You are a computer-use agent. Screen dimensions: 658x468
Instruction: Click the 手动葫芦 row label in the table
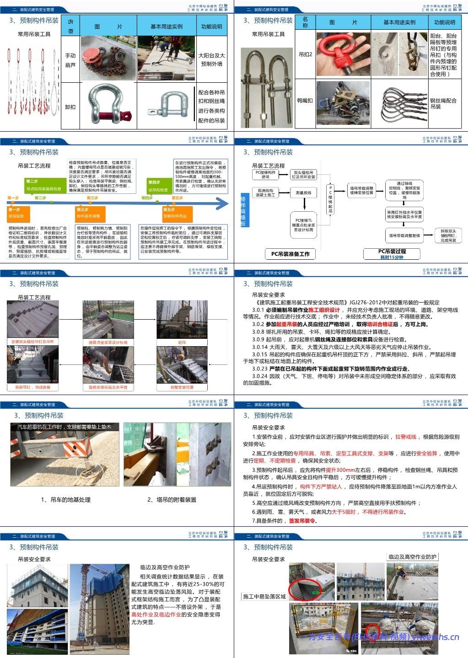pyautogui.click(x=70, y=60)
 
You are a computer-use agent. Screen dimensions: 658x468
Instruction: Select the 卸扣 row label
pyautogui.click(x=70, y=107)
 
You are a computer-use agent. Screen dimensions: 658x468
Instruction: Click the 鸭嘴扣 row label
pyautogui.click(x=305, y=101)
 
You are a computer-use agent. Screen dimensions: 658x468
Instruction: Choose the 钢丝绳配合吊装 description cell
pyautogui.click(x=443, y=103)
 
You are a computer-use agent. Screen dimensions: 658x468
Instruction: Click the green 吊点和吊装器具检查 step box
pyautogui.click(x=44, y=185)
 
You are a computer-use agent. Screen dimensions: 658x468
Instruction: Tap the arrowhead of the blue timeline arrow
pyautogui.click(x=223, y=203)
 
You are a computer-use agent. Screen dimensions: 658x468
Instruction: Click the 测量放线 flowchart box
pyautogui.click(x=303, y=193)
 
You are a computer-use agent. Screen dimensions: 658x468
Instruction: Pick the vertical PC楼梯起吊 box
pyautogui.click(x=330, y=199)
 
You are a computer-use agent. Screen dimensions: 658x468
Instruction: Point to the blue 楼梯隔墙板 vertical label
pyautogui.click(x=243, y=211)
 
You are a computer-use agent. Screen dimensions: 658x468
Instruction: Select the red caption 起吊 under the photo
pyautogui.click(x=182, y=342)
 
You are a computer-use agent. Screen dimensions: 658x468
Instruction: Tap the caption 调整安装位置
pyautogui.click(x=182, y=387)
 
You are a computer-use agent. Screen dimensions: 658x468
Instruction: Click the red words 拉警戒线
pyautogui.click(x=406, y=437)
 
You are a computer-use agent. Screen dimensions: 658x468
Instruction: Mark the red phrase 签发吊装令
pyautogui.click(x=302, y=521)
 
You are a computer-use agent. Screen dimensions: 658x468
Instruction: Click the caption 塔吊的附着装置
pyautogui.click(x=172, y=500)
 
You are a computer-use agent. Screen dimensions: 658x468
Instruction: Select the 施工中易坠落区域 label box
pyautogui.click(x=264, y=596)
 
